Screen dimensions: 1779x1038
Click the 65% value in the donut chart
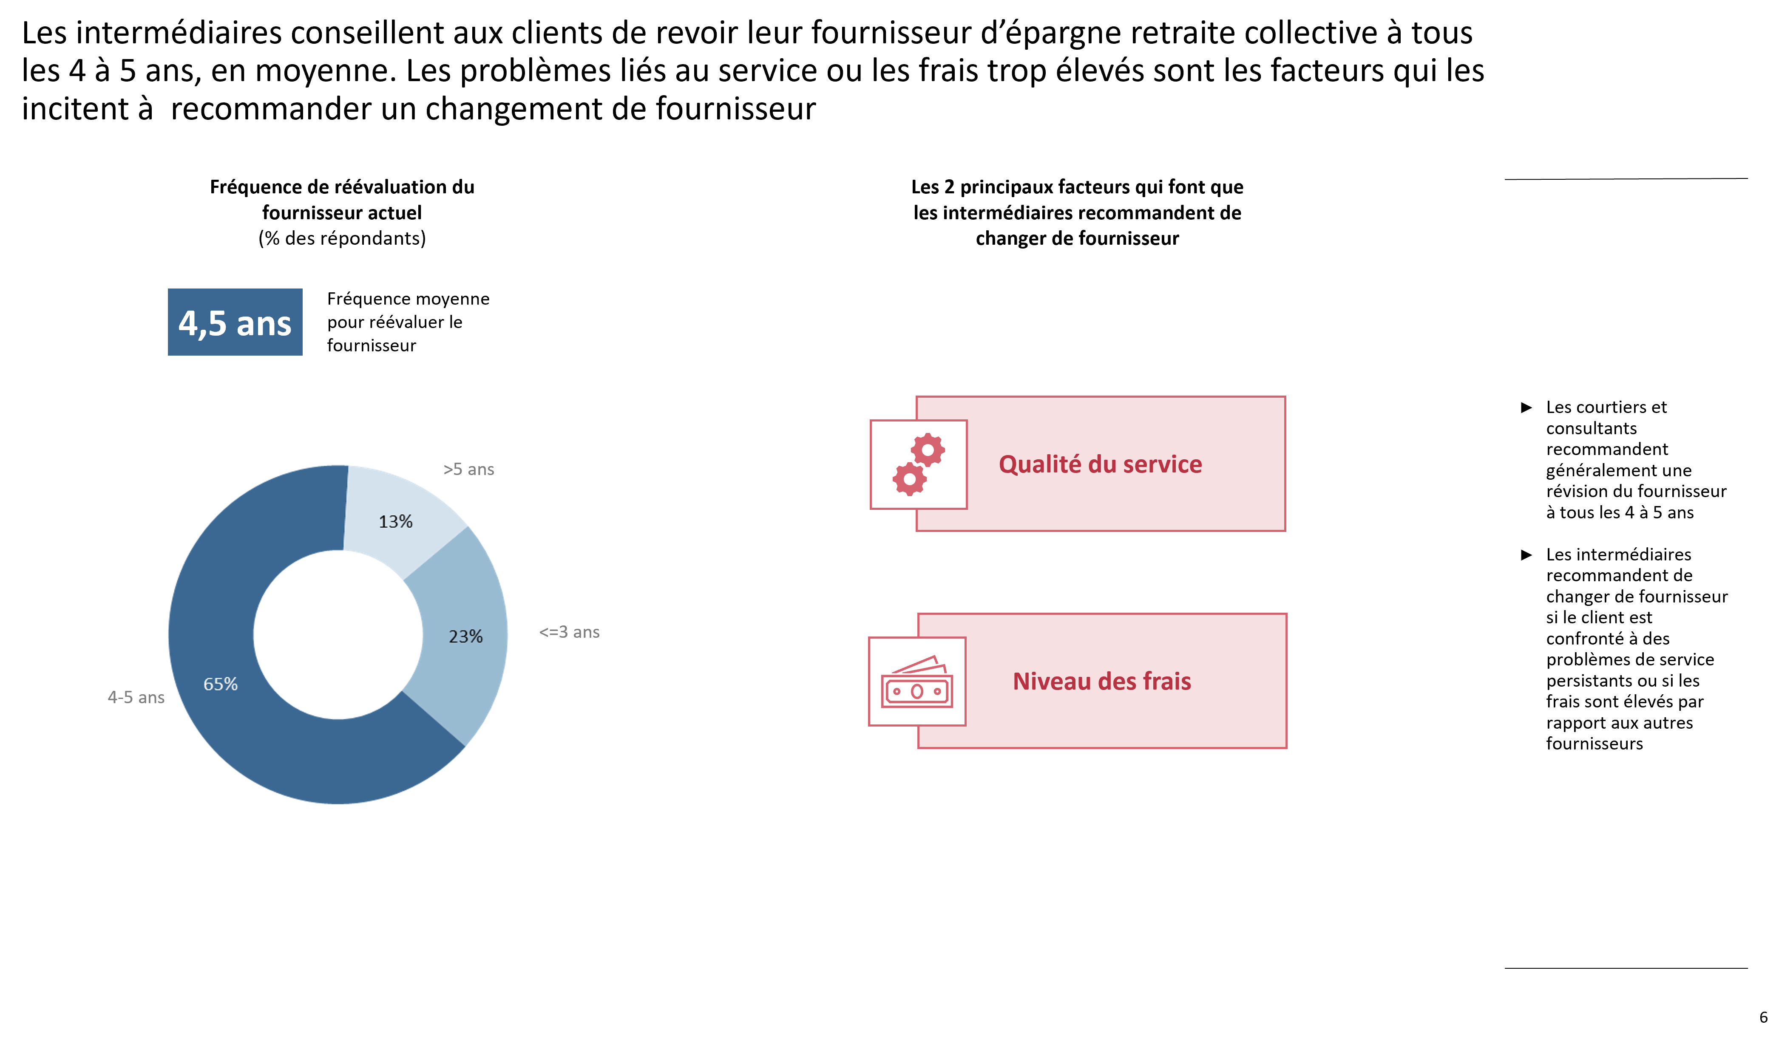(x=220, y=684)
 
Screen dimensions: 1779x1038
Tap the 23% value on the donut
(x=466, y=636)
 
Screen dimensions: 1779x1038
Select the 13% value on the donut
(x=395, y=521)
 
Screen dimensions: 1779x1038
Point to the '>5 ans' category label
(x=469, y=469)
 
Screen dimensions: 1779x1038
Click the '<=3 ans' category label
(x=569, y=632)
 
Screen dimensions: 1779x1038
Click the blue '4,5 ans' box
(x=235, y=322)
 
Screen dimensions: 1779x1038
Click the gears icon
(x=919, y=464)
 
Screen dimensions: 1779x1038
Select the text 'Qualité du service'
(x=1100, y=464)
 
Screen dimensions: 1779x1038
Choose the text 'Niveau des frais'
(x=1102, y=682)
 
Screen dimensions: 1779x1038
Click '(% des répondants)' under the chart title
(x=342, y=238)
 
